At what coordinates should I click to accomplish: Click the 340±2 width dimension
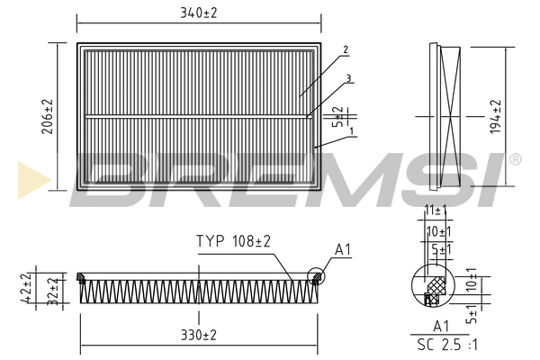(198, 12)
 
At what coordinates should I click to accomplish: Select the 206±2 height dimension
(50, 116)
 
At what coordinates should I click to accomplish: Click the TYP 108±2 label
(234, 241)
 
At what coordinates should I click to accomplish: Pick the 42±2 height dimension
(28, 287)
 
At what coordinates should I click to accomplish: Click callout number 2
(345, 49)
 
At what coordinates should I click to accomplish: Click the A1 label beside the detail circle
(343, 248)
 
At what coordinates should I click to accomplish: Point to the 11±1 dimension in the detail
(436, 210)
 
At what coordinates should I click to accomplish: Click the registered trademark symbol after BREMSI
(515, 160)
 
